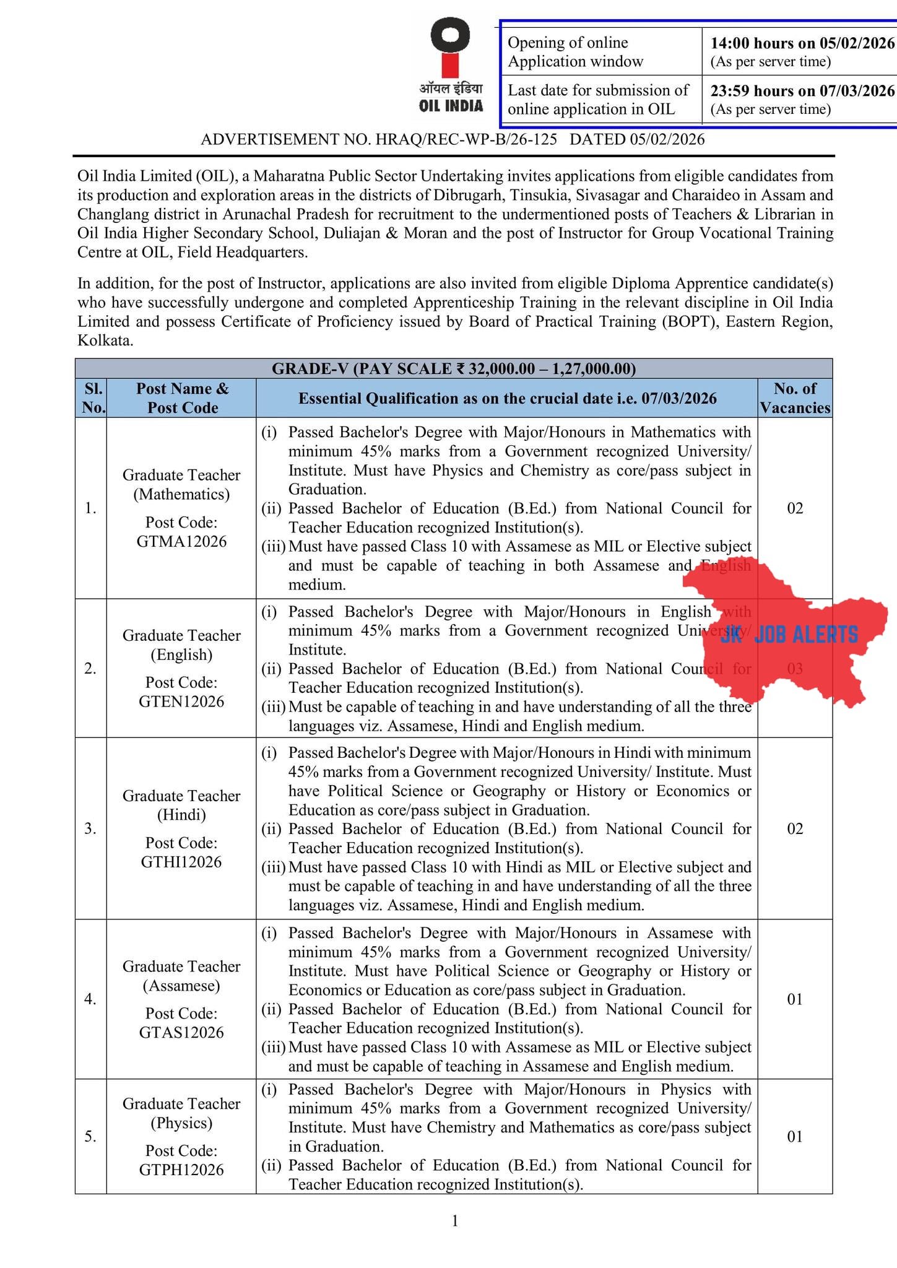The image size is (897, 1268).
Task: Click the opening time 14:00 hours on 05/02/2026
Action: tap(802, 43)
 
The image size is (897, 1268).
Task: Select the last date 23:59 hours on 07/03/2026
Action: tap(802, 90)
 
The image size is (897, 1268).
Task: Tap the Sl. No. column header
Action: tap(91, 398)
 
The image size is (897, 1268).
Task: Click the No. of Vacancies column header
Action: tap(795, 398)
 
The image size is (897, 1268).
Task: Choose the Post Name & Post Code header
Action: tap(182, 398)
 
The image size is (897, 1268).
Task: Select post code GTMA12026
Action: tap(181, 541)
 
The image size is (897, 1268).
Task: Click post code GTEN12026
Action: tap(181, 701)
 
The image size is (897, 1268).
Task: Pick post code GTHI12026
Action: tap(181, 862)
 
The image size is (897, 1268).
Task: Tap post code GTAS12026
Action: tap(181, 1032)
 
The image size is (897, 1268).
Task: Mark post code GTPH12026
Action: tap(181, 1170)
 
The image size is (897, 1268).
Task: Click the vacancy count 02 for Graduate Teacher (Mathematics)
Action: tap(795, 508)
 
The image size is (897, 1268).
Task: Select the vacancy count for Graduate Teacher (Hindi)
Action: tap(795, 829)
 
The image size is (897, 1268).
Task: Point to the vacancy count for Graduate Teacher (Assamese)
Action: tap(795, 999)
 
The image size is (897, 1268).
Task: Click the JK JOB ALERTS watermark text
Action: tap(789, 635)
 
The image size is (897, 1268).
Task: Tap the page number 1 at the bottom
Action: tap(455, 1221)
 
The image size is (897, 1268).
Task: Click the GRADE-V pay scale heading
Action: tap(454, 369)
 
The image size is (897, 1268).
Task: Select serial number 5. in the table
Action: tap(91, 1137)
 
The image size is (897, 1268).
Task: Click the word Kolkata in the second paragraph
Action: tap(105, 341)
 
